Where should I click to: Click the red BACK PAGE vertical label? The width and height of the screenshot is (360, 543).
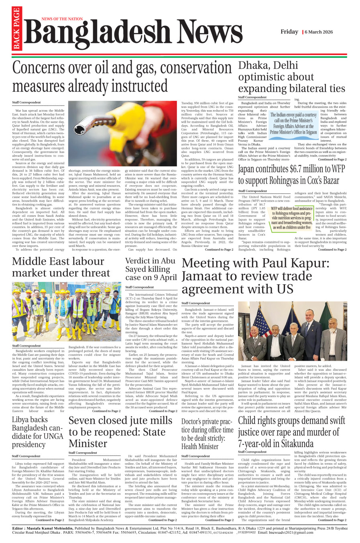pyautogui.click(x=16, y=29)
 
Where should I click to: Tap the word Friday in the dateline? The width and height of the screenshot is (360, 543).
pyautogui.click(x=289, y=32)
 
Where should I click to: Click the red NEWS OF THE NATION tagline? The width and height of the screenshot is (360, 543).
pyautogui.click(x=62, y=19)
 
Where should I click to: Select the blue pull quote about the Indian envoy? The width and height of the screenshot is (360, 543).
pyautogui.click(x=293, y=123)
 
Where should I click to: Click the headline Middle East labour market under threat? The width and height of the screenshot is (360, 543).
pyautogui.click(x=60, y=267)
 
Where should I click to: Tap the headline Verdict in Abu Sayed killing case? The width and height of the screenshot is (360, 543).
pyautogui.click(x=151, y=269)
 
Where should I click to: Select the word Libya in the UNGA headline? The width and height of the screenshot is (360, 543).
pyautogui.click(x=23, y=420)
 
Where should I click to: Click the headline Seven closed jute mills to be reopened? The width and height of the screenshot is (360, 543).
pyautogui.click(x=120, y=432)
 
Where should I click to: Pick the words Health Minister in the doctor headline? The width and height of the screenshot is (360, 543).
pyautogui.click(x=199, y=446)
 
